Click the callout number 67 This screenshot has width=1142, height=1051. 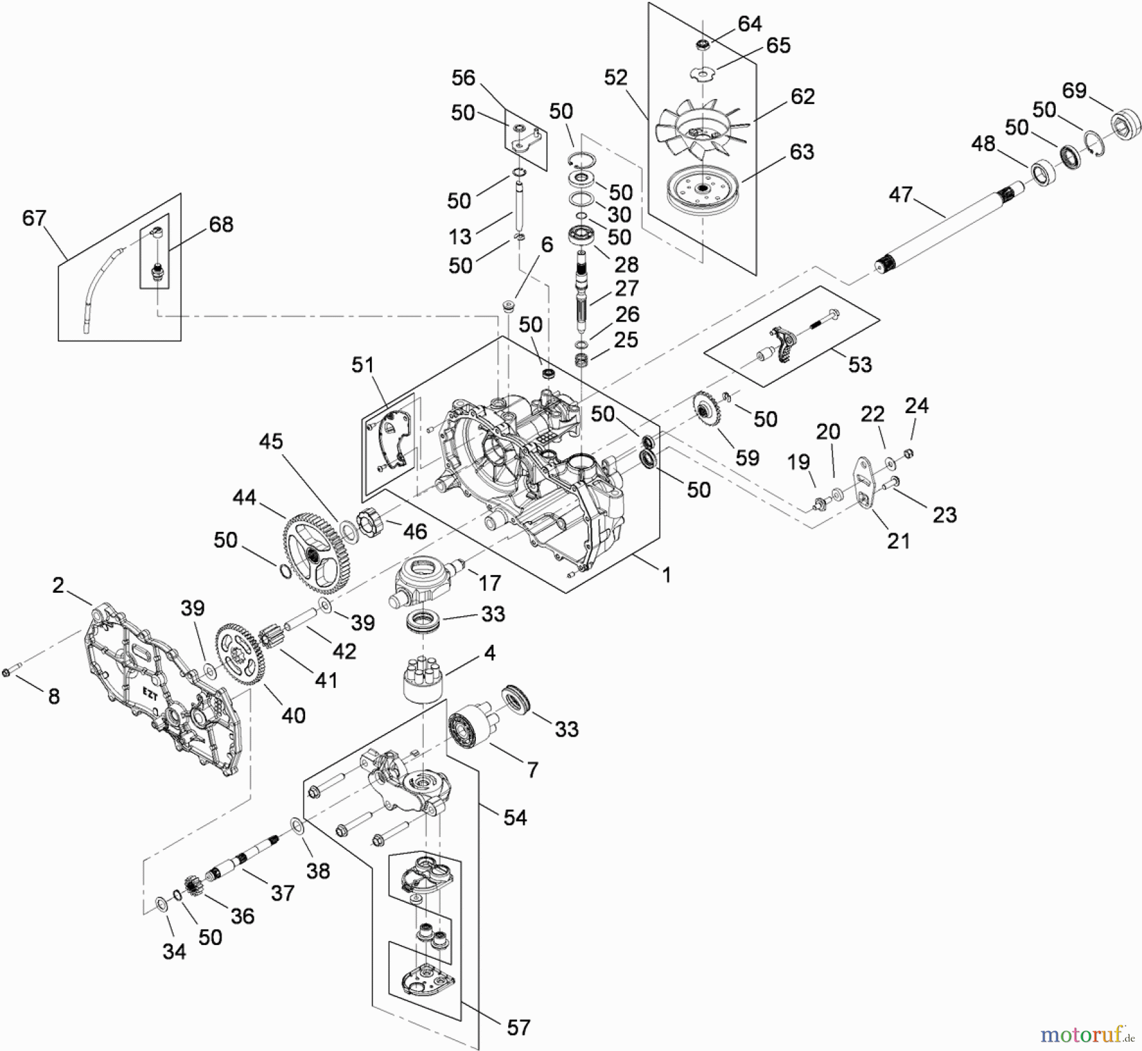pyautogui.click(x=34, y=218)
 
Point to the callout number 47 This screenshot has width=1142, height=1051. pyautogui.click(x=901, y=194)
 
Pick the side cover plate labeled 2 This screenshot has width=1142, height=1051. pyautogui.click(x=162, y=698)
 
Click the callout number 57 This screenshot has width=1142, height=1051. pyautogui.click(x=518, y=1027)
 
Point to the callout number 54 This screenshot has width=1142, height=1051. pyautogui.click(x=515, y=817)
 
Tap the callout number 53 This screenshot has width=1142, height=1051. pyautogui.click(x=860, y=364)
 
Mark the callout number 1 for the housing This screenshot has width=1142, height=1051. pyautogui.click(x=666, y=575)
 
